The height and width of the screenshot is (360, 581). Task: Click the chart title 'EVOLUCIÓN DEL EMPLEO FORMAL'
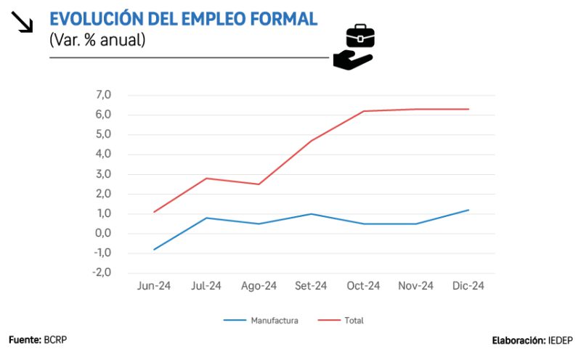coord(183,20)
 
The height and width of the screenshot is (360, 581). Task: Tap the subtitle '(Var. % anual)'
coord(97,41)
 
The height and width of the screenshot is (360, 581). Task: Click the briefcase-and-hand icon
coord(354,47)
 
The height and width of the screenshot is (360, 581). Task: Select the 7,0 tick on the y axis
coord(102,95)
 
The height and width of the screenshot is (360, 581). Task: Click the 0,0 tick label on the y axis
coord(102,234)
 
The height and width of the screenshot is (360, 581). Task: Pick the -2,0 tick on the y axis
coord(101,273)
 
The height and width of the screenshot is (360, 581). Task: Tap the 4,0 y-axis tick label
coord(102,155)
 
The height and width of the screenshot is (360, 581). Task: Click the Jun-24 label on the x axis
coord(153,286)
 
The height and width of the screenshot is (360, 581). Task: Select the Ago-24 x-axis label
coord(259,286)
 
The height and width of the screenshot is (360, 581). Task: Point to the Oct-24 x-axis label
coord(363,286)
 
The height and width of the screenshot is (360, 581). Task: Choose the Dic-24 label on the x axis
coord(468,286)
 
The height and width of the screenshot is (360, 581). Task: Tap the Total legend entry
coord(354,320)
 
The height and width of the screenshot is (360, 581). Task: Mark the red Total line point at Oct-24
coord(363,111)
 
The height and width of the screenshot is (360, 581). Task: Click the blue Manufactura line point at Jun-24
coord(153,250)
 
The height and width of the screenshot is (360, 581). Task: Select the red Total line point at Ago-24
coord(259,184)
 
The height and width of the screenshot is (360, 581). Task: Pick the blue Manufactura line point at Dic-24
coord(468,210)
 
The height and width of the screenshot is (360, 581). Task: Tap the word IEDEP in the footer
coord(560,340)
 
